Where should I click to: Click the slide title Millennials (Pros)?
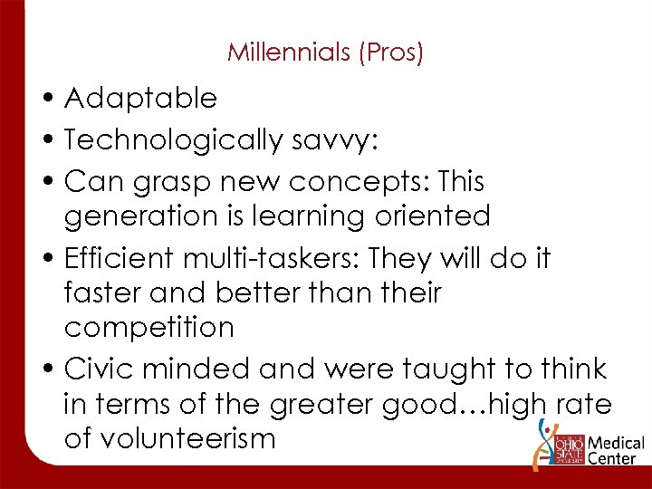coord(325,53)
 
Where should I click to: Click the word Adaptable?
coord(140,98)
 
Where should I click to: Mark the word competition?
coord(149,327)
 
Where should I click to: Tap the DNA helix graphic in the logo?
coord(545,438)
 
